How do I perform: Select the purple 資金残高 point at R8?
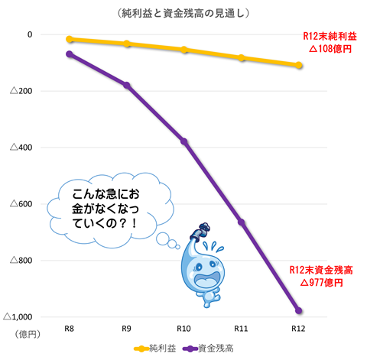click(x=70, y=54)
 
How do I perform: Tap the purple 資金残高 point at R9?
click(x=127, y=85)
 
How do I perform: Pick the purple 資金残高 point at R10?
click(x=184, y=141)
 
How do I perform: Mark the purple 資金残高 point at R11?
click(x=242, y=222)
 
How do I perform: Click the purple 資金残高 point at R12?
click(x=299, y=310)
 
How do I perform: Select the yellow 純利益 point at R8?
click(x=70, y=39)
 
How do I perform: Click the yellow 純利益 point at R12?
click(x=299, y=65)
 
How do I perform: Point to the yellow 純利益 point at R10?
click(x=184, y=50)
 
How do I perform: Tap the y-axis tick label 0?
click(x=30, y=34)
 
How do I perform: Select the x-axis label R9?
click(x=127, y=328)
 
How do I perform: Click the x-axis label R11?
click(x=242, y=328)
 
